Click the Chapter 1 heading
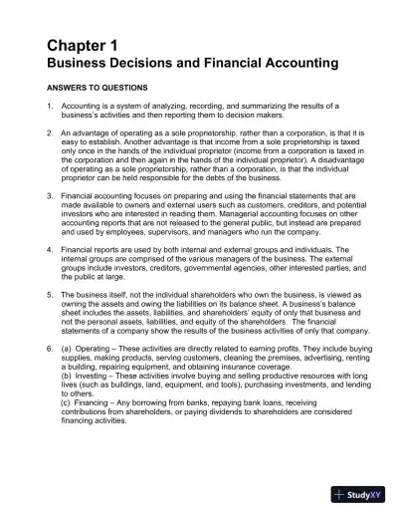(83, 46)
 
